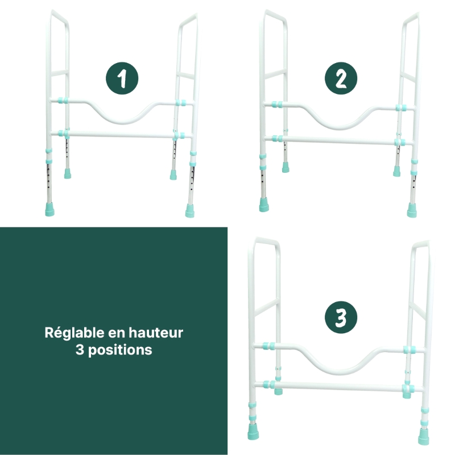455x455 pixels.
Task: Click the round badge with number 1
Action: coord(122,79)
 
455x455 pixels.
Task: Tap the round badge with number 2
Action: coord(341,79)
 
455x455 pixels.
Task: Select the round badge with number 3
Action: coord(341,318)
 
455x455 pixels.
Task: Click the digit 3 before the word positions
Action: coord(79,350)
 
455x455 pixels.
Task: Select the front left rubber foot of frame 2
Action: coord(263,204)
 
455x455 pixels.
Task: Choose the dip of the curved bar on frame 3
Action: coord(340,372)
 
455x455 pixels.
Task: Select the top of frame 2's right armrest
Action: coord(412,16)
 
